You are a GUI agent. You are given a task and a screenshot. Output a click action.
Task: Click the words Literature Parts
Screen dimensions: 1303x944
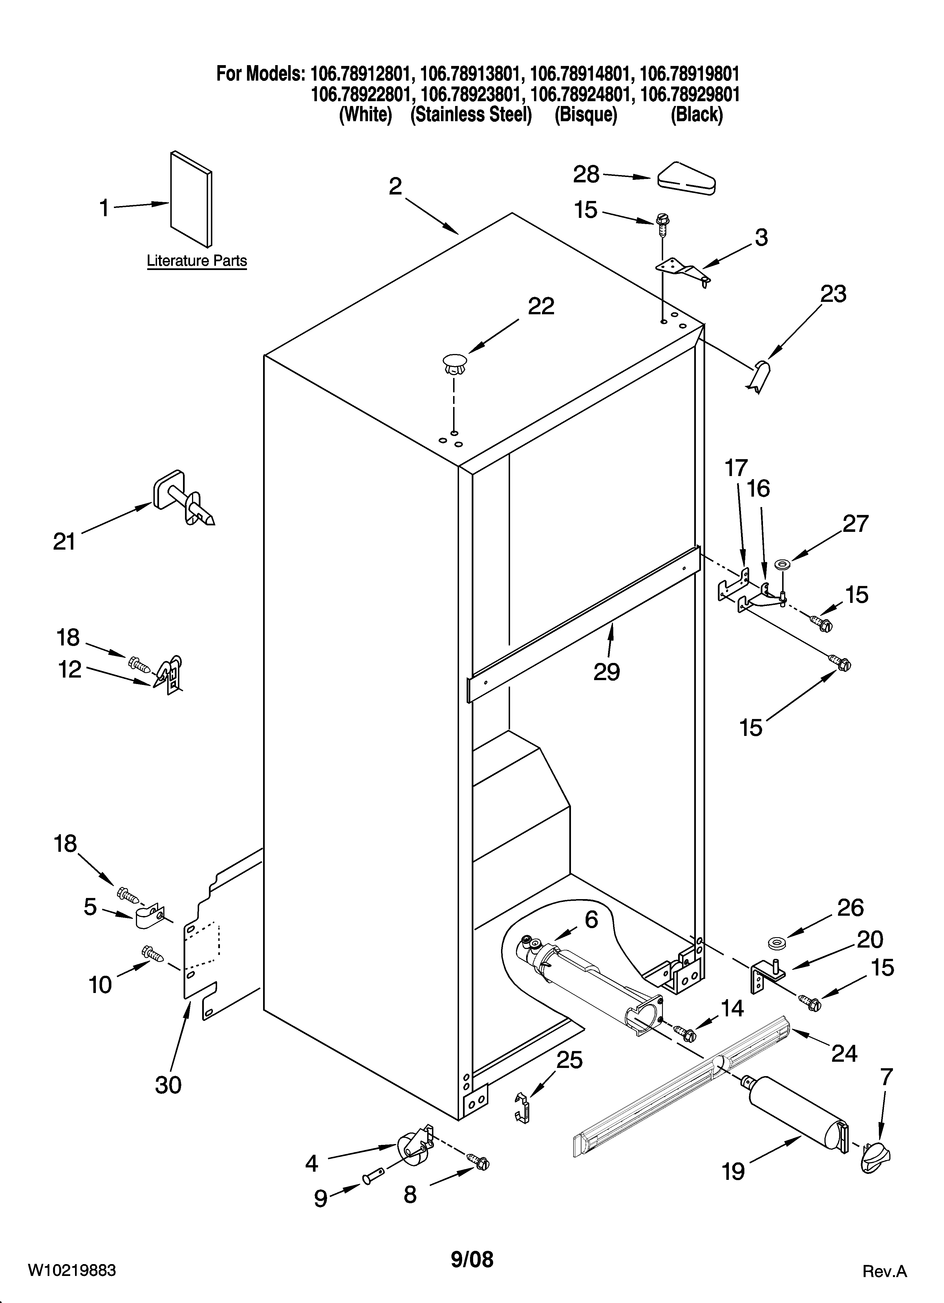point(197,261)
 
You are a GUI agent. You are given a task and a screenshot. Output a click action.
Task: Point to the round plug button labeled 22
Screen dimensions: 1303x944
point(454,364)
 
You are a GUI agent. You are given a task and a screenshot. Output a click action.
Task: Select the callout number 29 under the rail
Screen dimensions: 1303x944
point(606,671)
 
